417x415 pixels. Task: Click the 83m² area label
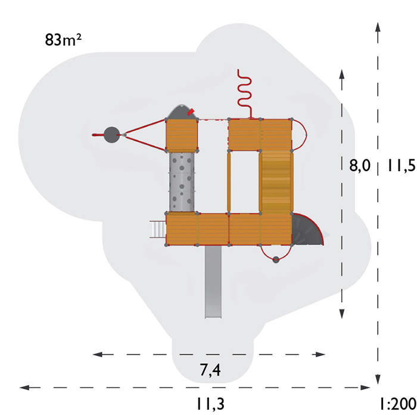[x=63, y=40]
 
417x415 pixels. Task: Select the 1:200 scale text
[x=398, y=404]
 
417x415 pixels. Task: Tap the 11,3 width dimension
[x=210, y=404]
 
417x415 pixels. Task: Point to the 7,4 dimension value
[x=210, y=370]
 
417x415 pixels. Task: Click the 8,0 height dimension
[x=360, y=165]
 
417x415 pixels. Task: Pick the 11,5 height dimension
[x=402, y=165]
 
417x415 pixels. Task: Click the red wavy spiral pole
[x=245, y=94]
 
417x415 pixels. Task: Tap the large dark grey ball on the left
[x=112, y=135]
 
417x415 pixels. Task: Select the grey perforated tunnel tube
[x=182, y=182]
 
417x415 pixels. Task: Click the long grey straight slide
[x=213, y=281]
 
